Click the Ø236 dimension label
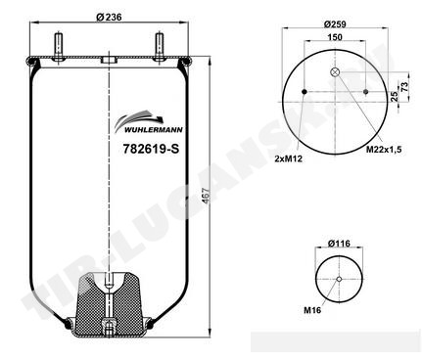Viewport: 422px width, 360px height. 109,17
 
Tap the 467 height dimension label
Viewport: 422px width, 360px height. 206,196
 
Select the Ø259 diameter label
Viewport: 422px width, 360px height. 335,23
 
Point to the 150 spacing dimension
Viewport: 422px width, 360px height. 335,37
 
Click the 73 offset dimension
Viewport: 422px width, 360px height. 404,86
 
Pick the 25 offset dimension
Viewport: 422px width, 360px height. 395,96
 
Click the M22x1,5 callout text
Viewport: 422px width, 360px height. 384,150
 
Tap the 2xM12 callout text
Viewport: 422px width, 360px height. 289,158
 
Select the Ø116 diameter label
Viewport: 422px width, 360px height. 339,244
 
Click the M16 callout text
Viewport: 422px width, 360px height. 312,310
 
